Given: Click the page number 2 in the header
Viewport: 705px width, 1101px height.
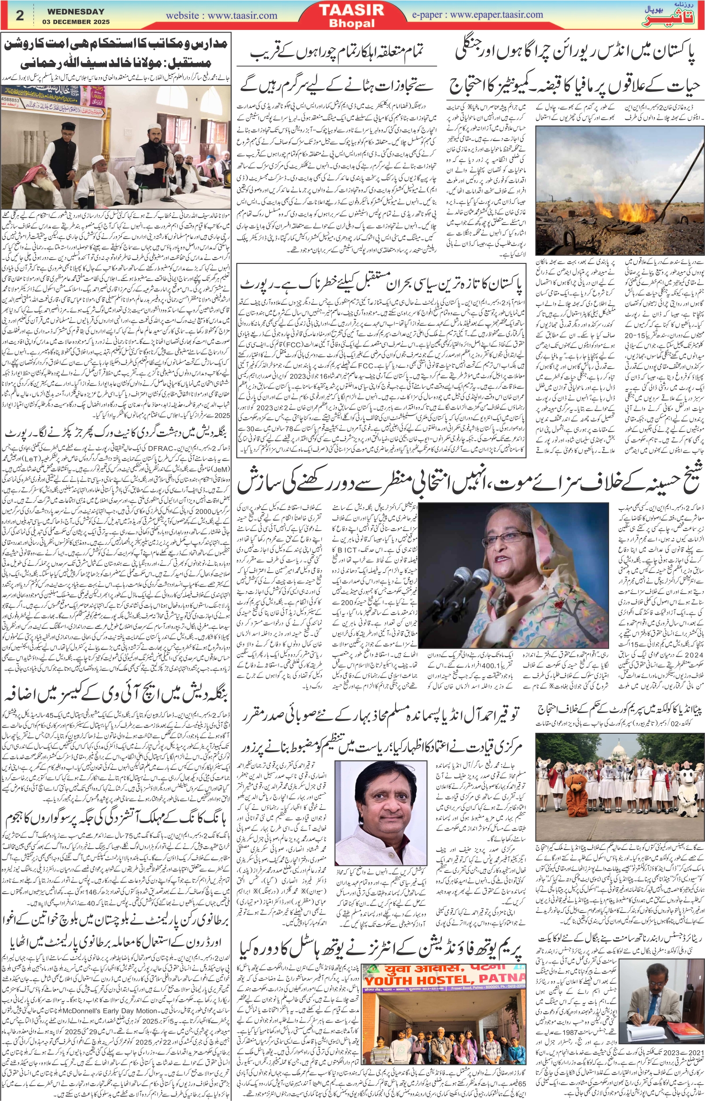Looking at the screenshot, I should (20, 15).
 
